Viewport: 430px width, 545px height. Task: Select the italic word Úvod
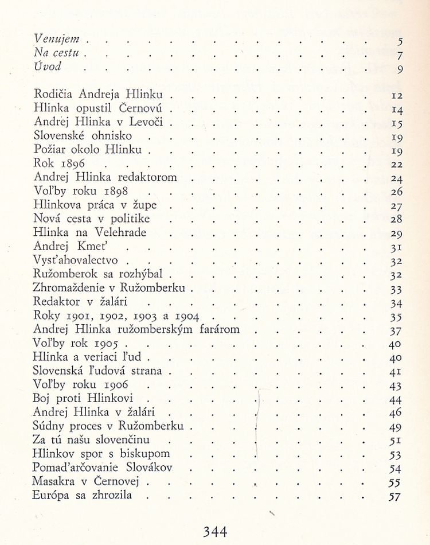tap(48, 67)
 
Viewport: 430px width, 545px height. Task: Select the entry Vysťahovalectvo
tap(76, 260)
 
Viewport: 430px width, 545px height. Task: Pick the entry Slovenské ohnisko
tap(83, 136)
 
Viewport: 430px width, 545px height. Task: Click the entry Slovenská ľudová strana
tap(98, 371)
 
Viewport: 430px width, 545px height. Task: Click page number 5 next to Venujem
tap(400, 41)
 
